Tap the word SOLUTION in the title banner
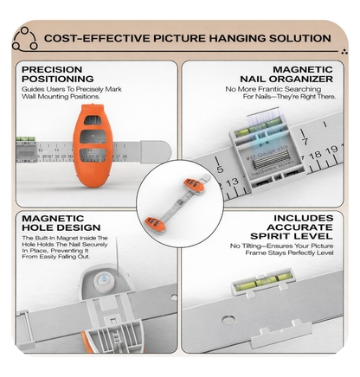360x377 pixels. pyautogui.click(x=298, y=39)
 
